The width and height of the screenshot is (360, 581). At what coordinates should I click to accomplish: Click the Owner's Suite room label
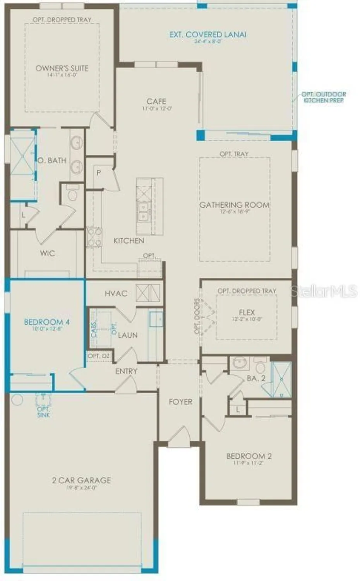tap(62, 69)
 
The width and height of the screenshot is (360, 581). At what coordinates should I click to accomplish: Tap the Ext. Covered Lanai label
tap(208, 34)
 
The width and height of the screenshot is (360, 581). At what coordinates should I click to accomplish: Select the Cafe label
tap(156, 101)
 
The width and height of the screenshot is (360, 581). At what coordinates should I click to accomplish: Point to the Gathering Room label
tap(235, 205)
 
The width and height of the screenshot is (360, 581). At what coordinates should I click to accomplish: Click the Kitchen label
tap(129, 241)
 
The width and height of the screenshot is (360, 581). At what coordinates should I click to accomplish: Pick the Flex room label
tap(247, 312)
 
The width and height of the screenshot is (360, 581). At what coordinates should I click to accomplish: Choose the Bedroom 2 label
tap(249, 456)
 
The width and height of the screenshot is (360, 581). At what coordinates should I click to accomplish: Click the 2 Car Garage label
tap(81, 480)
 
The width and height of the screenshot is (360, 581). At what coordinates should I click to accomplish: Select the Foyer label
tap(180, 402)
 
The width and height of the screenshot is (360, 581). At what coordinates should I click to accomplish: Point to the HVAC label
tap(116, 294)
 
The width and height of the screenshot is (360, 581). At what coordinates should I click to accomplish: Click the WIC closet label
tap(47, 253)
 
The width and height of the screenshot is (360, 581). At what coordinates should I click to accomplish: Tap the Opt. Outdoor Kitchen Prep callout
tap(324, 97)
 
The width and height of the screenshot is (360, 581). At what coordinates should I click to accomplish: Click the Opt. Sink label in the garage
tap(43, 412)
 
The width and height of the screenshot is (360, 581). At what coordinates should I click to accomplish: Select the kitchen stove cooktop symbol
tap(94, 237)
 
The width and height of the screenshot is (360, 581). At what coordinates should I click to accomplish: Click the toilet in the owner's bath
tap(72, 194)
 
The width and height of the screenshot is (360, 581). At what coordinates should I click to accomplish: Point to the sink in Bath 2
tap(240, 364)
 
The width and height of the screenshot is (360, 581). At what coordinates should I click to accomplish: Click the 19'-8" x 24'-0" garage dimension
tap(81, 488)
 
